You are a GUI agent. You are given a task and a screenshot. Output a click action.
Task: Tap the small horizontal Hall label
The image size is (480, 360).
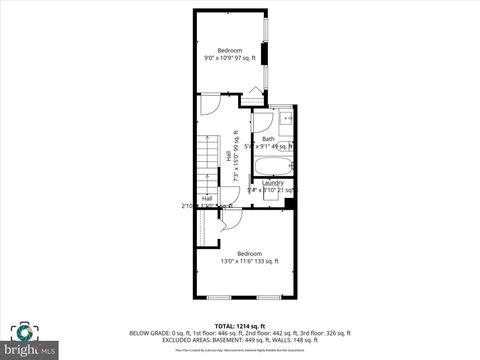[207, 199]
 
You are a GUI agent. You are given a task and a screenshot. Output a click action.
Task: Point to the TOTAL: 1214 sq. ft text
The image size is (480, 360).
[240, 325]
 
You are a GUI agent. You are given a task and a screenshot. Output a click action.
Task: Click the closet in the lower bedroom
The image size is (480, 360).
[208, 227]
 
